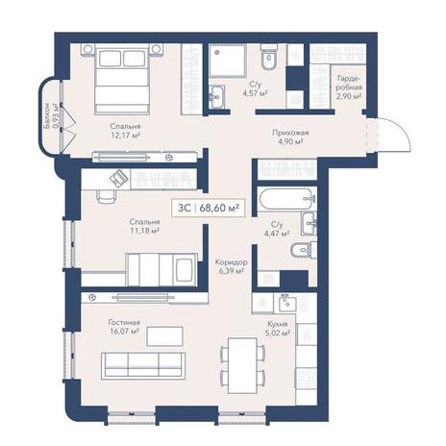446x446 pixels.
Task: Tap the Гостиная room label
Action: coord(124,322)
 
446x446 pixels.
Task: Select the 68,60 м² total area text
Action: coord(219,208)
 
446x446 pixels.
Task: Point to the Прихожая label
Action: coord(290,133)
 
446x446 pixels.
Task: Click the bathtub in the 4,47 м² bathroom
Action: coord(285,198)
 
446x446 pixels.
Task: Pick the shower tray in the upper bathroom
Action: coord(228,61)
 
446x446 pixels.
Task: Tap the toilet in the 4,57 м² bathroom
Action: coord(269,57)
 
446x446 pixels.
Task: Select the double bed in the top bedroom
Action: coord(122,79)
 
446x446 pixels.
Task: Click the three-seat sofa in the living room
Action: coord(143,366)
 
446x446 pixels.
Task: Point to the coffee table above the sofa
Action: coord(164,336)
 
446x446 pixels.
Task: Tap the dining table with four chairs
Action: coord(242,365)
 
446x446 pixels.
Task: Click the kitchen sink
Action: coord(287,304)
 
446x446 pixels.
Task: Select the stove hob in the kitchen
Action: coord(306,379)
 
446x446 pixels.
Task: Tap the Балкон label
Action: coord(47,116)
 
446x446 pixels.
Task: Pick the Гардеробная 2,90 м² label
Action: coord(349,87)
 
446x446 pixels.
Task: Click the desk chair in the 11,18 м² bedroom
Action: coord(106,196)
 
